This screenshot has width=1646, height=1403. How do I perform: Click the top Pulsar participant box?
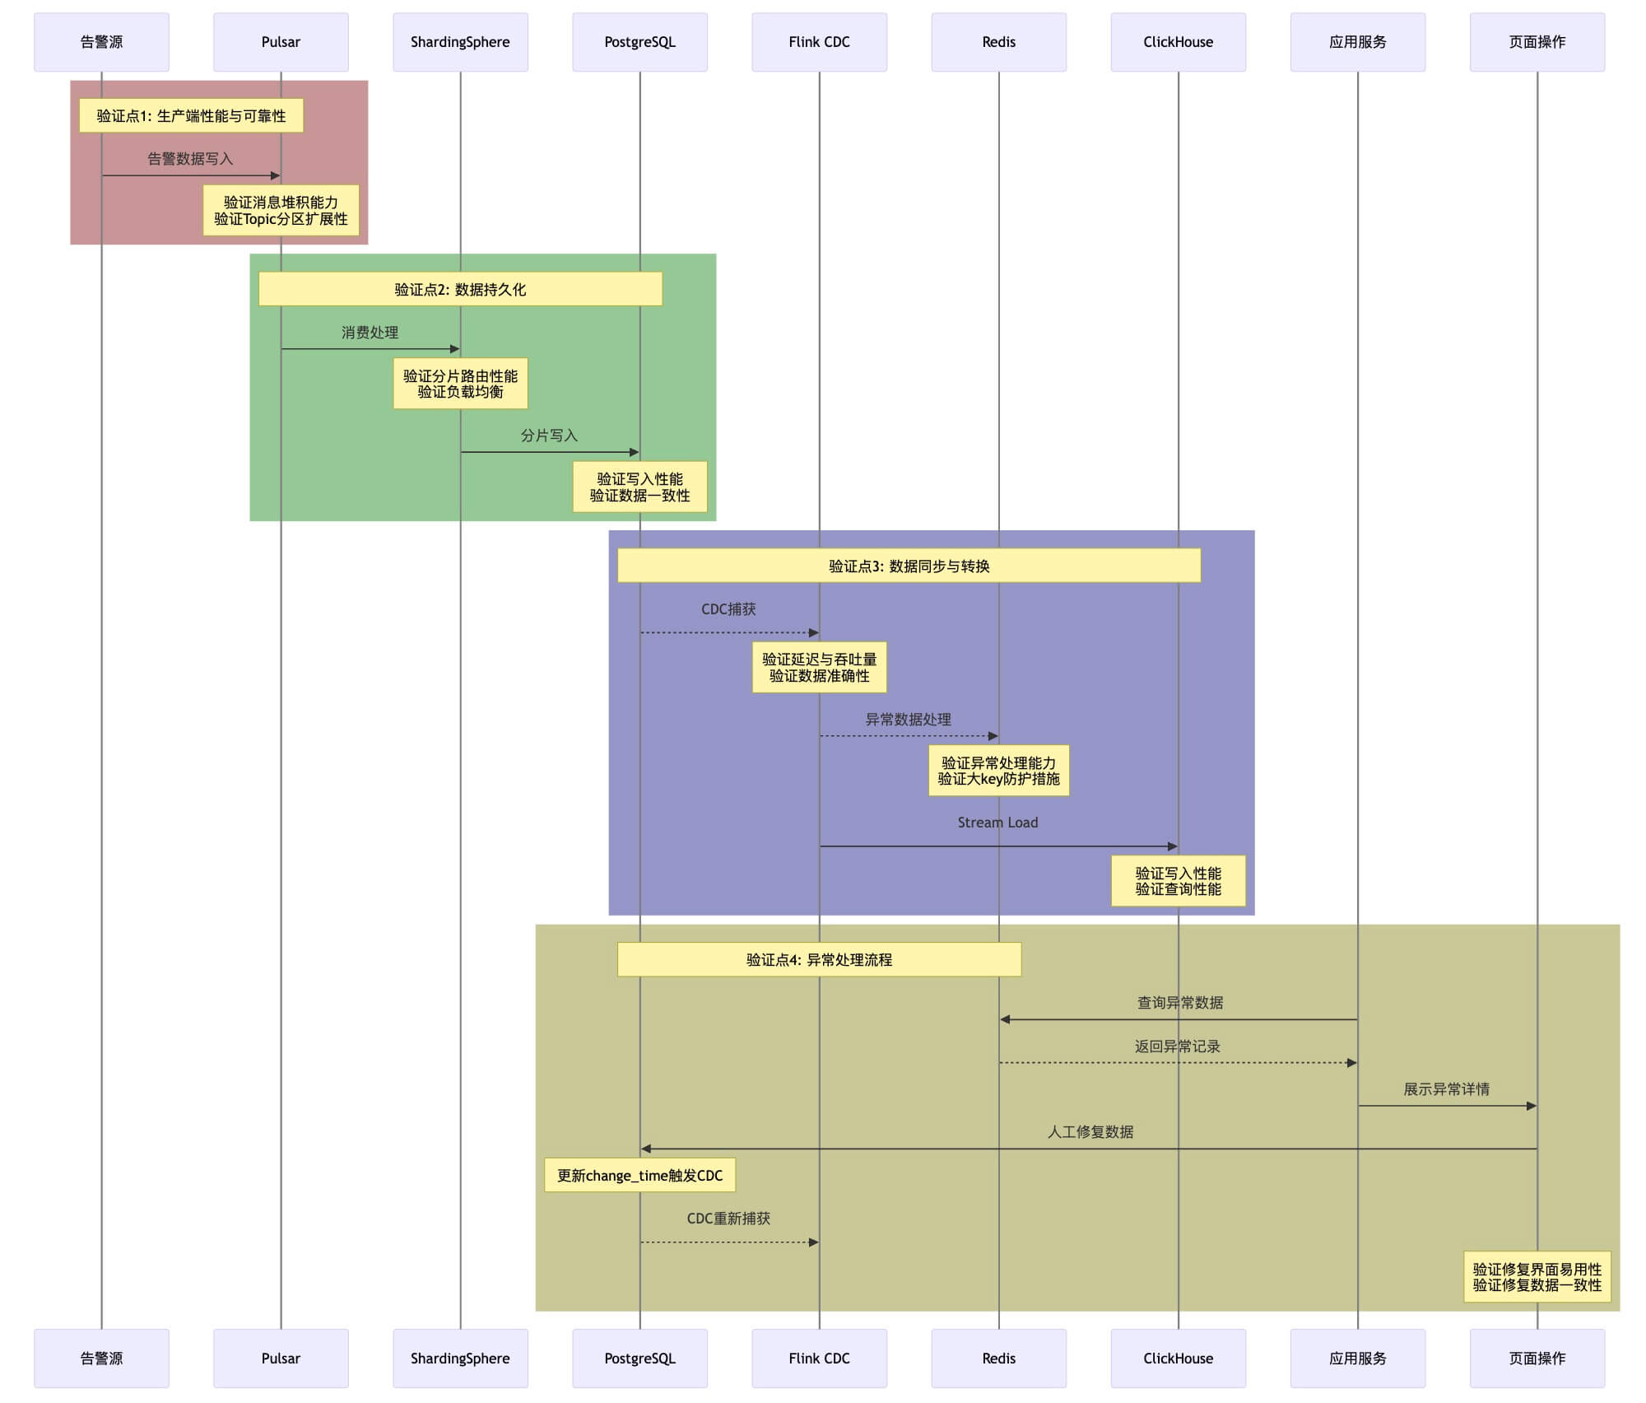pos(281,42)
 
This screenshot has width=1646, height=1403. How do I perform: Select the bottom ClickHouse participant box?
pos(1178,1358)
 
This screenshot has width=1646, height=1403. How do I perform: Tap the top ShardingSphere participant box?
pos(460,42)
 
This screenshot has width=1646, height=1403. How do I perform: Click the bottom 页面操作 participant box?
pos(1537,1358)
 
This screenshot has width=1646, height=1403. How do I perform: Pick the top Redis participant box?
pos(998,42)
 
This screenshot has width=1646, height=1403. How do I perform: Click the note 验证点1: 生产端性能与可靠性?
pos(191,116)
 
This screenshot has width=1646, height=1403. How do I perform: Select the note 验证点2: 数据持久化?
pos(460,289)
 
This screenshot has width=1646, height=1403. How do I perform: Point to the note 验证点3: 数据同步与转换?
pos(909,566)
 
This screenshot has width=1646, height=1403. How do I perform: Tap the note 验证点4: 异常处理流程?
pos(819,959)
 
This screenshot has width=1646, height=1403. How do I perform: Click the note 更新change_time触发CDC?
pos(639,1175)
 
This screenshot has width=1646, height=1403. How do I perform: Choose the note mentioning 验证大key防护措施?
pos(998,771)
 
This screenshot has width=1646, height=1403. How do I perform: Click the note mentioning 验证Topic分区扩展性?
pos(281,211)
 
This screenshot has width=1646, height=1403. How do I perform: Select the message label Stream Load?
pos(997,823)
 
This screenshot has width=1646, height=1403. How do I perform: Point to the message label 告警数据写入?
pos(190,159)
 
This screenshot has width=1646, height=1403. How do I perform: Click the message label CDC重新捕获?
pos(728,1218)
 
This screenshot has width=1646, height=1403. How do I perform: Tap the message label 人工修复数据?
pos(1090,1132)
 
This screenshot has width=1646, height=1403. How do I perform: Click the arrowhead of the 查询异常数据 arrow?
pos(1005,1019)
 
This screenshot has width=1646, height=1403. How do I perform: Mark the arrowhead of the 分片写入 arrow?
pos(635,452)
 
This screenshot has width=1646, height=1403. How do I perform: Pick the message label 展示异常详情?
pos(1446,1089)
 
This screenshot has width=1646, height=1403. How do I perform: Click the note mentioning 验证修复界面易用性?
pos(1537,1277)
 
